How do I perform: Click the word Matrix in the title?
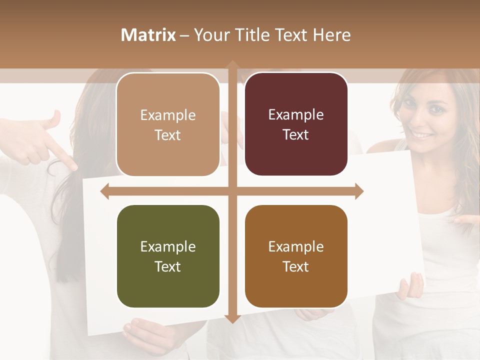tap(148, 35)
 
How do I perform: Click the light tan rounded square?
tap(168, 124)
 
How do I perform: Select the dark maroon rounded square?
tap(296, 124)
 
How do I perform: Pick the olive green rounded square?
tap(168, 256)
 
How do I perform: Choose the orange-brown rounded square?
tap(296, 256)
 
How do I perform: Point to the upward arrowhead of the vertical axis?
tap(232, 65)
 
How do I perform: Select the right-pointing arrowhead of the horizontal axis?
tap(358, 191)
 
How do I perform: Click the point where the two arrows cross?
tap(232, 191)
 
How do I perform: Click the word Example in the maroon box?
tap(296, 115)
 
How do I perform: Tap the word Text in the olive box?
tap(168, 266)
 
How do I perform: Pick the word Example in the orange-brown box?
tap(296, 246)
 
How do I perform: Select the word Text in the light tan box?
tap(168, 135)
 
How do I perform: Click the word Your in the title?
tap(209, 35)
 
